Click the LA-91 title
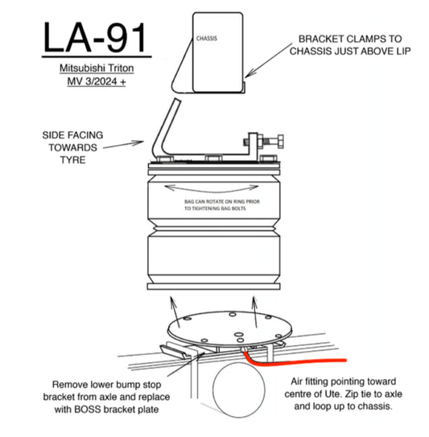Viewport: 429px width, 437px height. click(x=94, y=38)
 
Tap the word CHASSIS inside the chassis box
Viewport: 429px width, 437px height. click(x=207, y=39)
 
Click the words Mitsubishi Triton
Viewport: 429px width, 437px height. click(x=97, y=68)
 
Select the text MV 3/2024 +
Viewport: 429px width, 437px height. click(x=97, y=81)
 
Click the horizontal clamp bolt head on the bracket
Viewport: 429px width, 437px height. click(x=280, y=142)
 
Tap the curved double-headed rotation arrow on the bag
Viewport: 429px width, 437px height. click(x=212, y=189)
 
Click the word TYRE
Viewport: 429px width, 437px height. click(x=72, y=160)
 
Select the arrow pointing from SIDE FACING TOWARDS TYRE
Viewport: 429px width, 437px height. click(x=123, y=145)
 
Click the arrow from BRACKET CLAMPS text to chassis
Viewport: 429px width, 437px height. click(x=269, y=60)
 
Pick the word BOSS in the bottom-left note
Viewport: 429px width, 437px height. click(x=85, y=410)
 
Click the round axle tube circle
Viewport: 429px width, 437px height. click(x=239, y=390)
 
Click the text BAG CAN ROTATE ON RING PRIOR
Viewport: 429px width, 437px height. click(x=222, y=201)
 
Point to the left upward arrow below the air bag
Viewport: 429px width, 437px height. click(x=175, y=311)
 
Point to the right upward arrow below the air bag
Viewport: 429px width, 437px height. click(x=255, y=311)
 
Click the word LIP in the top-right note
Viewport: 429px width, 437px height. click(x=403, y=52)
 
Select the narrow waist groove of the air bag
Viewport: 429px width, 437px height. click(x=214, y=229)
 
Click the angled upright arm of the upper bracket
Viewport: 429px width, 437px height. click(x=165, y=126)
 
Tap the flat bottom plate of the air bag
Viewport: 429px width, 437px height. click(x=214, y=287)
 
